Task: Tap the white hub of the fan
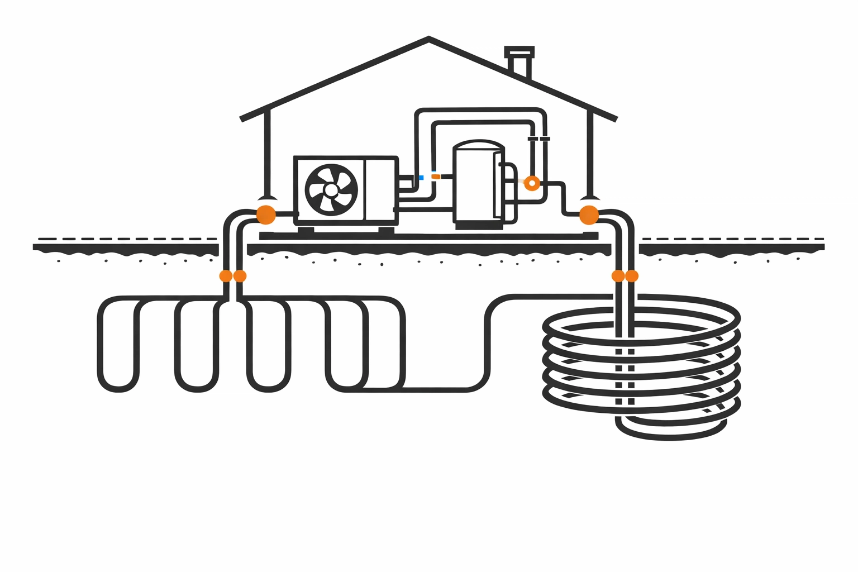click(331, 190)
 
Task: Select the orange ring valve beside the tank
click(532, 183)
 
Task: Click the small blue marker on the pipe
click(421, 178)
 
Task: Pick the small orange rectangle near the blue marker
click(436, 177)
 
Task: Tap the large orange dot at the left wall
click(266, 214)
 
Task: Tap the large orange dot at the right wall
click(589, 214)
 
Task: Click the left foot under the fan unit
click(306, 230)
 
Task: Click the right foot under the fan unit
click(386, 230)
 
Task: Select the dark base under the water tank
click(479, 226)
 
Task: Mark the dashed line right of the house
click(732, 239)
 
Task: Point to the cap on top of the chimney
click(519, 51)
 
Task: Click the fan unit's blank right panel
click(380, 189)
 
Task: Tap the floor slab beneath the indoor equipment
click(428, 236)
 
